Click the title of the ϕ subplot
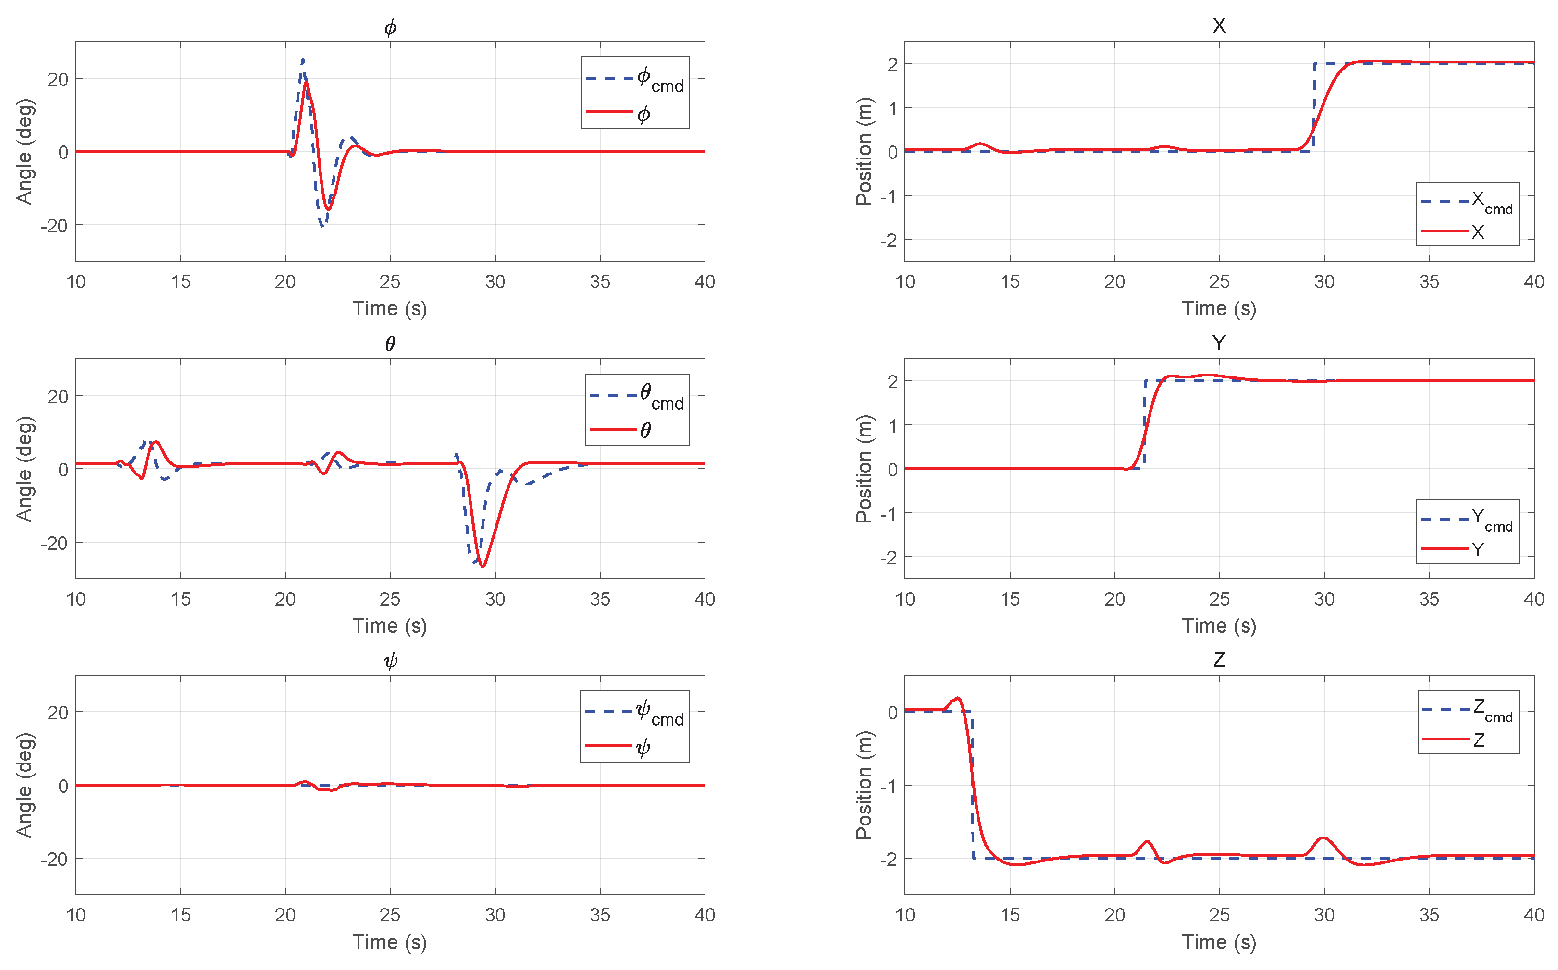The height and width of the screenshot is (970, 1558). tap(390, 27)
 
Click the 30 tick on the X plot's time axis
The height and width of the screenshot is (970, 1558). tap(1323, 281)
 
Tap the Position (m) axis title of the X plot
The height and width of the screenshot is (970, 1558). tap(864, 152)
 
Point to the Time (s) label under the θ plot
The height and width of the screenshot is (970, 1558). tap(390, 626)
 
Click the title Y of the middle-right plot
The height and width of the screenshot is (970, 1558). tap(1218, 343)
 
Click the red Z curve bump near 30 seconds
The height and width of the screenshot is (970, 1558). tap(1323, 838)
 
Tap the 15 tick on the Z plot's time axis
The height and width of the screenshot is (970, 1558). tap(1009, 915)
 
